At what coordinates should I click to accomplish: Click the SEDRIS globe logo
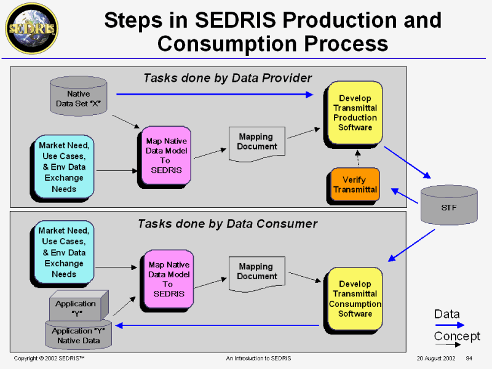point(31,28)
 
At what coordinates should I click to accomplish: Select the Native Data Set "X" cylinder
point(78,98)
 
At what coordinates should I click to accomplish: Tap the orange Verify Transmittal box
point(355,184)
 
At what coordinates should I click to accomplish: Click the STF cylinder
point(449,206)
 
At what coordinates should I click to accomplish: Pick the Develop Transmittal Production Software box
point(355,113)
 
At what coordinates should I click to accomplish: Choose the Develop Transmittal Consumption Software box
point(355,299)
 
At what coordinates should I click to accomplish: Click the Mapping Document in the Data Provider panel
point(257,143)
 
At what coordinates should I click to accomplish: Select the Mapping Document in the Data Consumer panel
point(257,272)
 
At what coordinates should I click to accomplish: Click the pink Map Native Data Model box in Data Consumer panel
point(167,279)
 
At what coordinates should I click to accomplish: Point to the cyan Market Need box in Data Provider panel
point(64,167)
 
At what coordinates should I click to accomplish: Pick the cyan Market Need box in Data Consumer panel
point(64,252)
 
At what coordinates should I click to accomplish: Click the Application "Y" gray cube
point(77,307)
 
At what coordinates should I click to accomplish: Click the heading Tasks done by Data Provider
point(228,78)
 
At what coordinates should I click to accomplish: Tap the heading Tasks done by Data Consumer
point(228,223)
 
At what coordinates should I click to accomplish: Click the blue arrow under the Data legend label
point(450,325)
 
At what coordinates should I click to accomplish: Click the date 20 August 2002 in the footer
point(435,358)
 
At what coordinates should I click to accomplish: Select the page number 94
point(469,358)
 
